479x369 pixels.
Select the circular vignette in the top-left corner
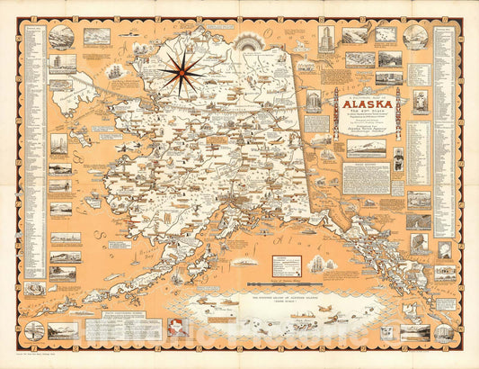[x=62, y=37]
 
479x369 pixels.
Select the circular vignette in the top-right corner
[x=415, y=37]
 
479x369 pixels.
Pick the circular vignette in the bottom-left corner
[x=35, y=330]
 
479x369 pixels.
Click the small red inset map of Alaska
[x=179, y=328]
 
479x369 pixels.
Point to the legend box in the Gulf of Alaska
[x=286, y=264]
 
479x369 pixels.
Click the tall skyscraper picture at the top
[x=326, y=38]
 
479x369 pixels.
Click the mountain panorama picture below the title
[x=366, y=147]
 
